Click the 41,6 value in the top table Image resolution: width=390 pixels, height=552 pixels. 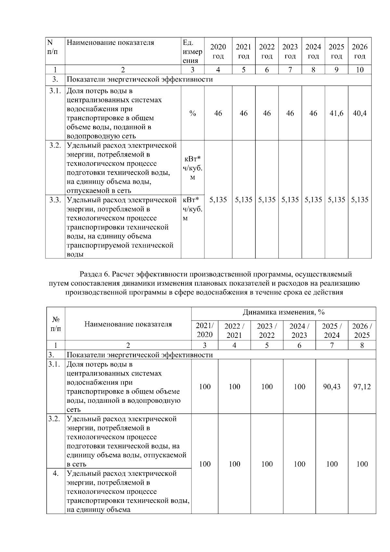(x=336, y=113)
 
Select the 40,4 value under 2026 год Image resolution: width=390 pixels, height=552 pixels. (x=359, y=113)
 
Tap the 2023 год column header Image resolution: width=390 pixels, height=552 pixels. (x=290, y=51)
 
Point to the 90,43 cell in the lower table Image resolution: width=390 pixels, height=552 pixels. (x=331, y=387)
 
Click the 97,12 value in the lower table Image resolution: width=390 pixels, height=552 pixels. (x=362, y=387)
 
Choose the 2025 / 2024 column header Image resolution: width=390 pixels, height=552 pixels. (x=331, y=331)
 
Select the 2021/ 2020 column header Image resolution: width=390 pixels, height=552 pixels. (x=205, y=331)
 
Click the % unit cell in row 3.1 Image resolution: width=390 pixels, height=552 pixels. (x=192, y=113)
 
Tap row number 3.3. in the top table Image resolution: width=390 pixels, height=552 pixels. (x=55, y=200)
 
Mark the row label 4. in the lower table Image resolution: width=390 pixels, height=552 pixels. (x=56, y=474)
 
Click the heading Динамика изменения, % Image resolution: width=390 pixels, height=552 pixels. (x=283, y=313)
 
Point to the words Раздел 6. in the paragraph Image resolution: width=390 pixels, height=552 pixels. (x=95, y=274)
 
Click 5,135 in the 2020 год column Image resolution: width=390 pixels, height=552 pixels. (x=218, y=200)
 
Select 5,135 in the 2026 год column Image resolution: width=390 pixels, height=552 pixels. (x=359, y=200)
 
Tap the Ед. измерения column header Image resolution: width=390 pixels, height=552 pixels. (x=192, y=51)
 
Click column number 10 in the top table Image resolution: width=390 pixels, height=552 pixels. (x=359, y=70)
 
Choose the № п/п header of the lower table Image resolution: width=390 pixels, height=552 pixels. (x=56, y=324)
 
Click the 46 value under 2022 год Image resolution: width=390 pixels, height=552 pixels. (x=267, y=113)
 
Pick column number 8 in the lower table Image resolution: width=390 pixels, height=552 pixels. (x=362, y=345)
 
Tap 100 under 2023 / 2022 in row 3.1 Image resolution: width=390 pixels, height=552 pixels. (x=267, y=387)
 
